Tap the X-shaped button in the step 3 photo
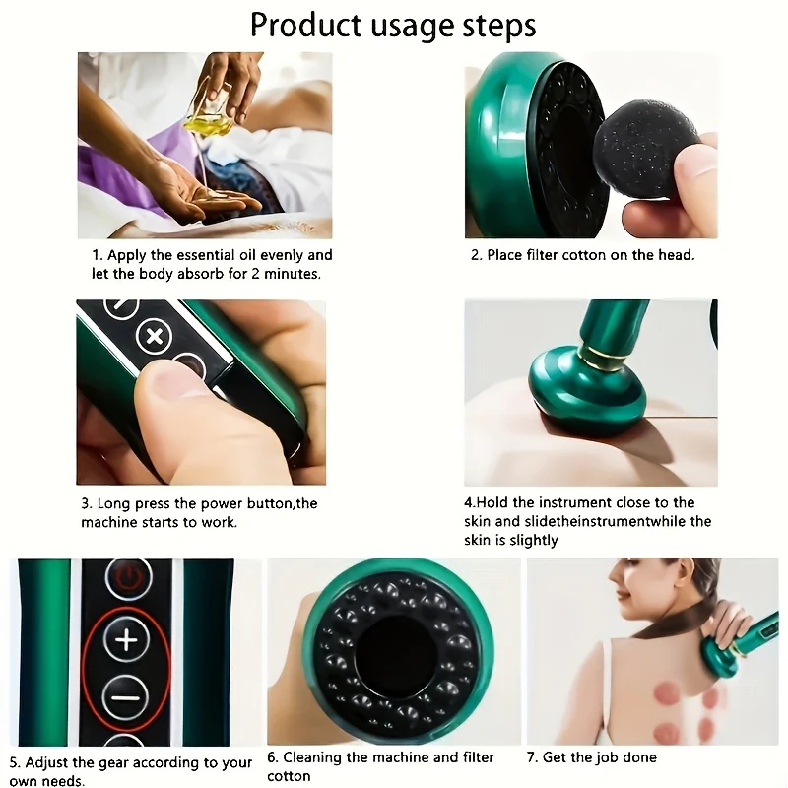(x=154, y=337)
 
